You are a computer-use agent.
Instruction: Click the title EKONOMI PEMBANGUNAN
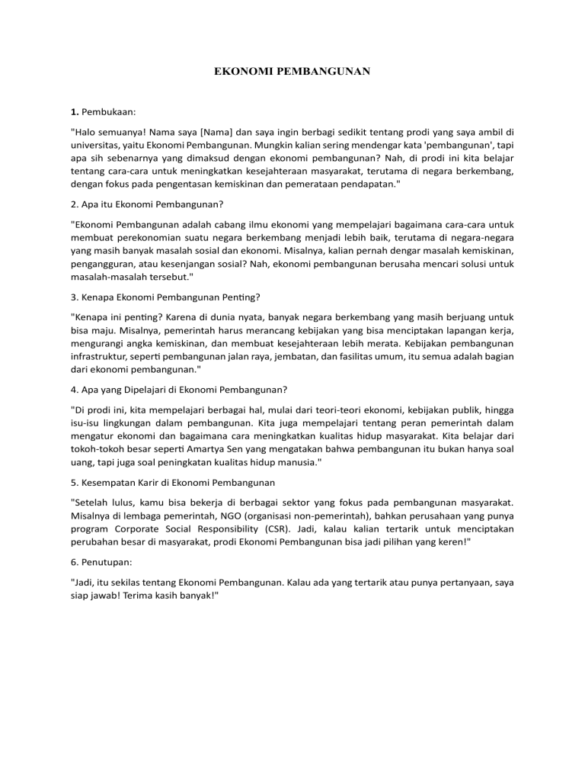coord(292,72)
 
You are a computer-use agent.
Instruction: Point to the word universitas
coord(98,145)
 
